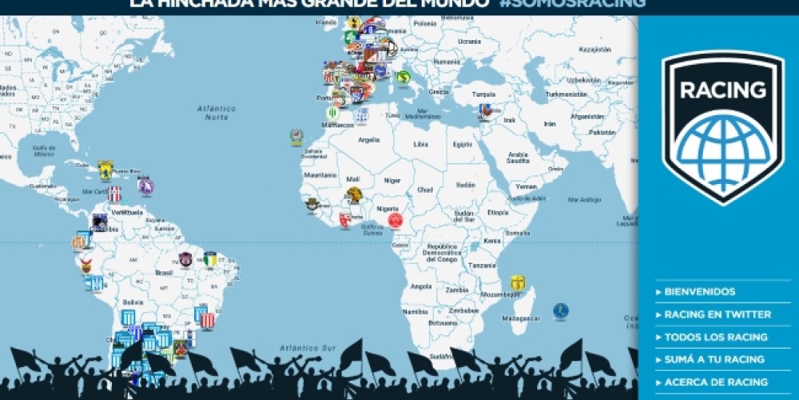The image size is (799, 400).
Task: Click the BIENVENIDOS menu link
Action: (x=699, y=292)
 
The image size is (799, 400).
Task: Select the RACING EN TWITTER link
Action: (x=718, y=314)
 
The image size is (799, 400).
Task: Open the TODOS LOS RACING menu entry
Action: (x=716, y=337)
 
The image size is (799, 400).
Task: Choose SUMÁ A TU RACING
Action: (x=714, y=359)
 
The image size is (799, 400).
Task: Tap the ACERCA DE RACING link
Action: (x=716, y=382)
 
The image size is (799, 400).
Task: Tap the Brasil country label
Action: (x=165, y=272)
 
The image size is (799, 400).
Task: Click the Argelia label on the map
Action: (x=369, y=139)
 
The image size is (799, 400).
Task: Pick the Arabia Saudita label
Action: (x=519, y=158)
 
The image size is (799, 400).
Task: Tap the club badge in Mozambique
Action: (x=518, y=282)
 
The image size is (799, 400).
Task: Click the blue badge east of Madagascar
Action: (x=561, y=310)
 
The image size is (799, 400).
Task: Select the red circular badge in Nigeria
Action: (x=395, y=220)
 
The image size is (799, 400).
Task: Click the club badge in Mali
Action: (x=354, y=194)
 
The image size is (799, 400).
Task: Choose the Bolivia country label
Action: (x=132, y=302)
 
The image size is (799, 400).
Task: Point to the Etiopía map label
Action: (x=498, y=213)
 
